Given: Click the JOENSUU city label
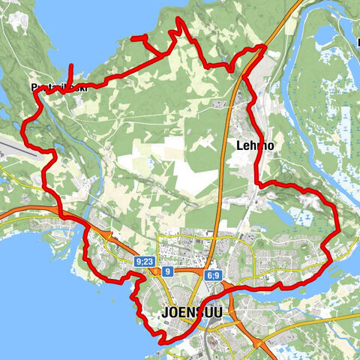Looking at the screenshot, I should coord(192,312).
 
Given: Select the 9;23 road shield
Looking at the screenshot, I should coord(145,262).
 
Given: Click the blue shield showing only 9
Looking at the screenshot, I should coord(168,271).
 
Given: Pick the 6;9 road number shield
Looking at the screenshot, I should coord(212,276).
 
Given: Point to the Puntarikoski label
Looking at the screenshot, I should coord(59,87).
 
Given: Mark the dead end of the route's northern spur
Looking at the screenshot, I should coord(133,37).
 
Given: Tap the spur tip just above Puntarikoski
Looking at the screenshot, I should coord(71,65).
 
